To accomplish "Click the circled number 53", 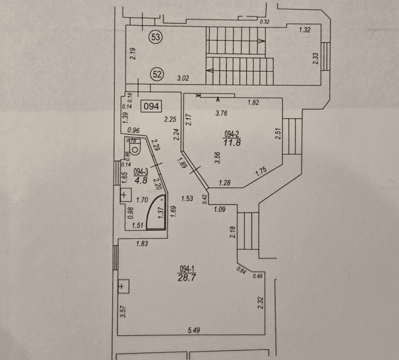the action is [x=156, y=37].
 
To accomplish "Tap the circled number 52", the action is [x=157, y=74].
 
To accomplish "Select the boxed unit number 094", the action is [x=151, y=106].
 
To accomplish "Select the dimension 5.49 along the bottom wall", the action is [x=194, y=330].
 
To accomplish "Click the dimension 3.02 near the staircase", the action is [x=183, y=78].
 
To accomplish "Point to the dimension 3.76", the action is [x=221, y=113].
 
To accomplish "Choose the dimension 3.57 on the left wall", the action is [x=123, y=311].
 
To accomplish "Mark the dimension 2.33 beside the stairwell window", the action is [x=315, y=59].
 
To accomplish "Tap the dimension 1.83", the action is [x=142, y=244].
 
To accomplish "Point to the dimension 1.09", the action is [x=220, y=209].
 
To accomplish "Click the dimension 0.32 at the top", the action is [x=265, y=22].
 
